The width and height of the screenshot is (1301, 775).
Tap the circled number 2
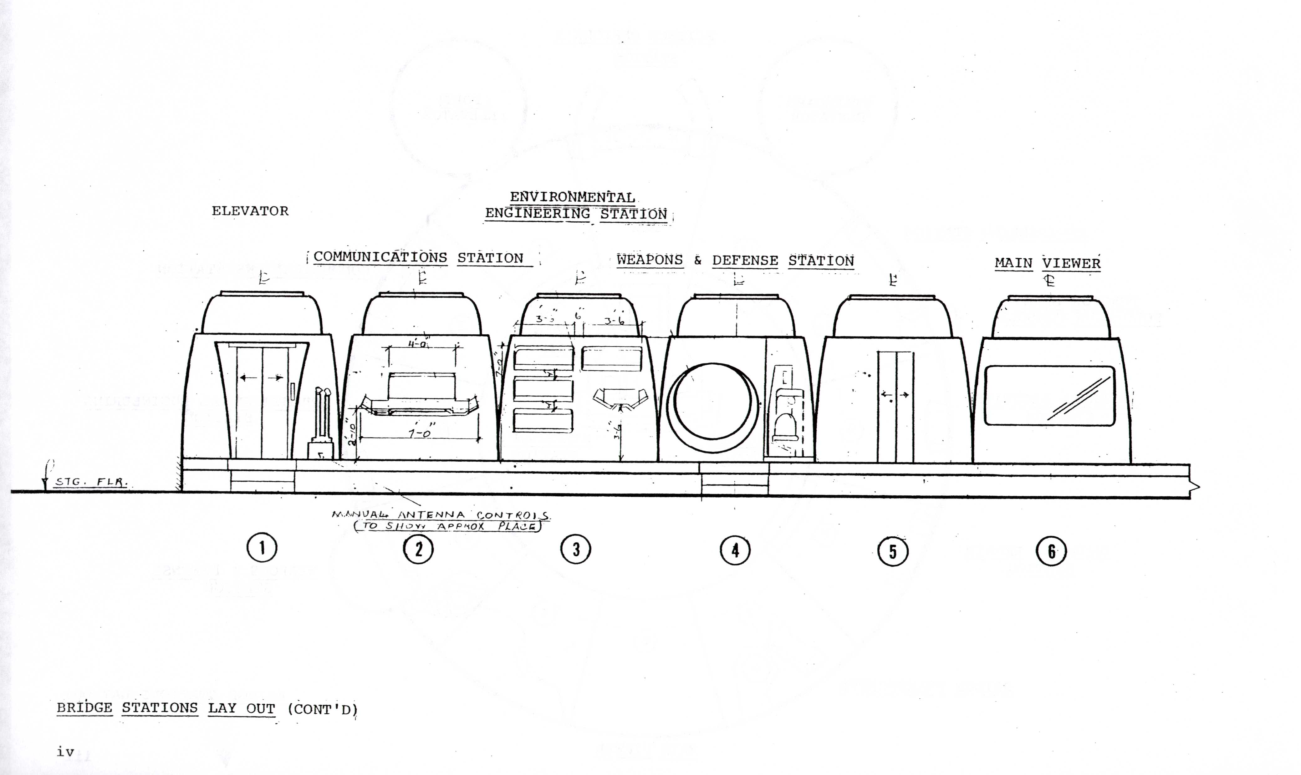pyautogui.click(x=419, y=549)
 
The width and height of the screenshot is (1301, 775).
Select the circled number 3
pyautogui.click(x=576, y=550)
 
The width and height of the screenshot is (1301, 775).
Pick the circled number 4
pyautogui.click(x=735, y=550)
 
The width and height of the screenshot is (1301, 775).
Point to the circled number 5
pyautogui.click(x=893, y=551)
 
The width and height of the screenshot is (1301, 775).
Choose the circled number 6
pyautogui.click(x=1051, y=551)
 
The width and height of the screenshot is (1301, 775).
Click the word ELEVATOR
pyautogui.click(x=250, y=211)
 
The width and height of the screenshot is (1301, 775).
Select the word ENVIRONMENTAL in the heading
pyautogui.click(x=572, y=197)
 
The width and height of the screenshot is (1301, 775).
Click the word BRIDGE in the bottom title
pyautogui.click(x=84, y=708)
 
